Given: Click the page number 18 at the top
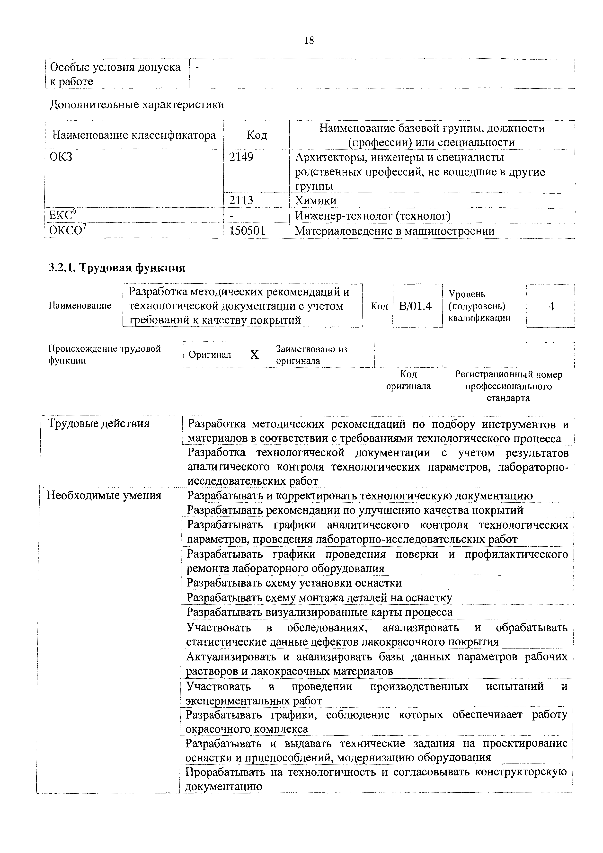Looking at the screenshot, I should coord(309,40).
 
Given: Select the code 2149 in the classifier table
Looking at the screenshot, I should coord(241,157).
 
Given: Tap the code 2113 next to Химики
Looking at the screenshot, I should coord(241,201).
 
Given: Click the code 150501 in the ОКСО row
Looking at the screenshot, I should coord(248,231).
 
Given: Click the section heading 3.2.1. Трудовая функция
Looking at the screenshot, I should coord(117,267).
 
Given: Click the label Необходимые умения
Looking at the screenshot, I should coord(104,495).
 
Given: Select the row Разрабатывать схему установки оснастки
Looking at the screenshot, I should coord(294,583).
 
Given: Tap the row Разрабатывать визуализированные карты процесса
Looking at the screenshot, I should coord(319,612).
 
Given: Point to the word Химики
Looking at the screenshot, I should coord(316,201).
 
